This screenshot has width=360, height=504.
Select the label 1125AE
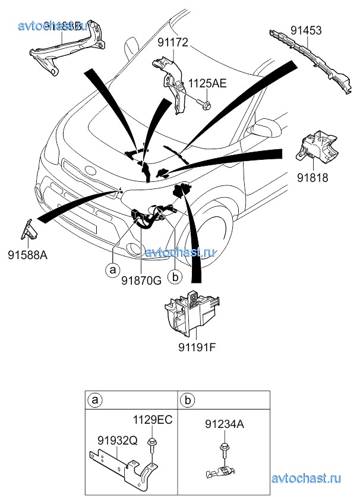point(207,84)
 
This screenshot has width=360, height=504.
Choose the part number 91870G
point(142,281)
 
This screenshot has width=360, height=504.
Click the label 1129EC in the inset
point(152,420)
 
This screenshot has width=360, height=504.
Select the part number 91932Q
point(117,440)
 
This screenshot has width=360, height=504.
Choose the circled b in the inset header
point(187,400)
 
